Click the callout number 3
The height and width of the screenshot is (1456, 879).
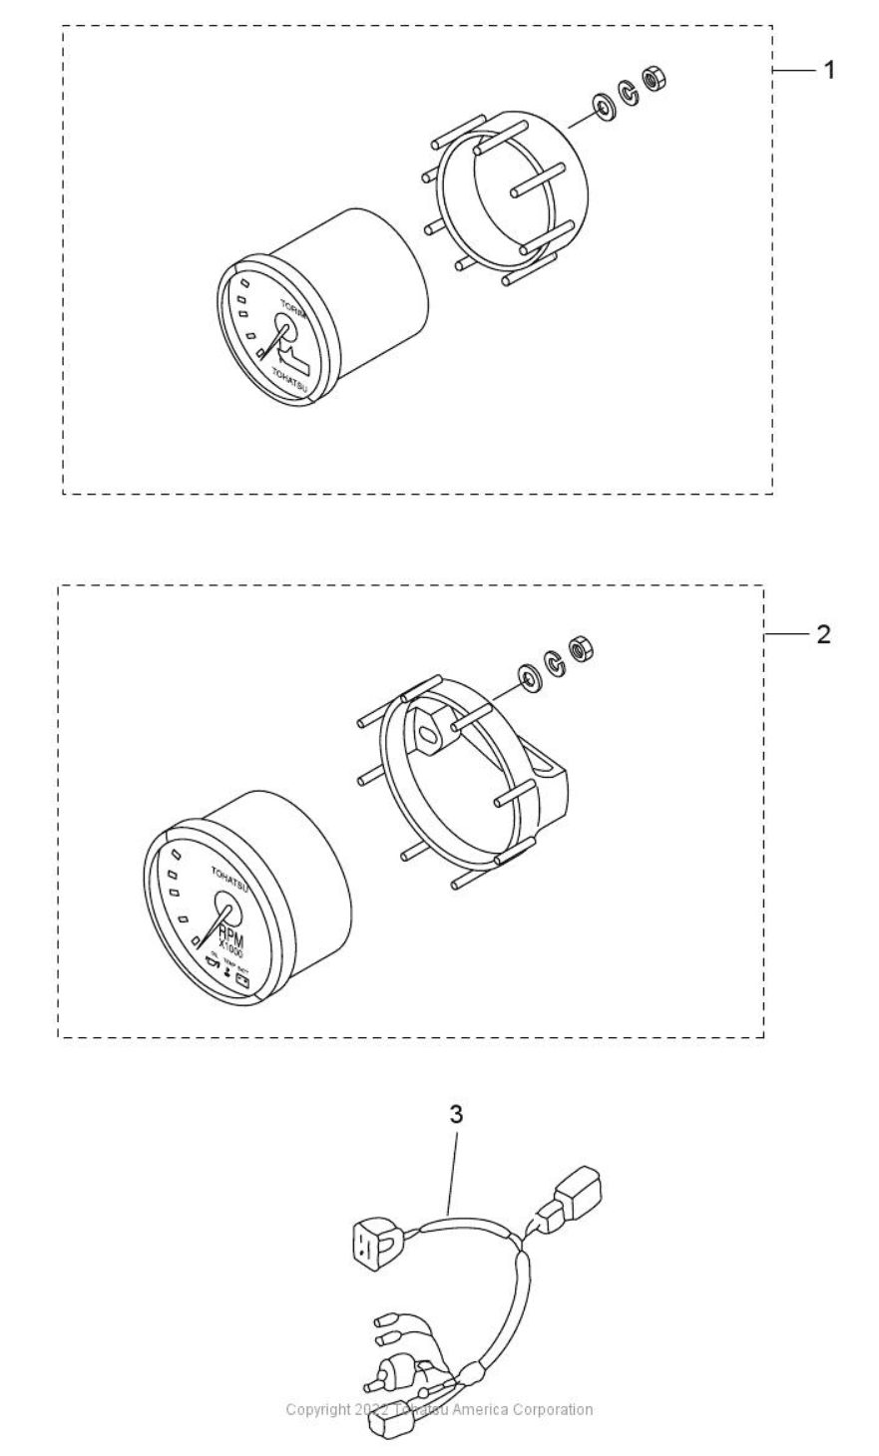456,1115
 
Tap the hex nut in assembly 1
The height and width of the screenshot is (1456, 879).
656,79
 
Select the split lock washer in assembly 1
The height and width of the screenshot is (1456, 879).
630,92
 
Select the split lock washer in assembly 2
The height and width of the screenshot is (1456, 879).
553,660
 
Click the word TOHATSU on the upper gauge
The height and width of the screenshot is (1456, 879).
291,375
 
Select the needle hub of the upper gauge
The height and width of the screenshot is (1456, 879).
285,332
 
